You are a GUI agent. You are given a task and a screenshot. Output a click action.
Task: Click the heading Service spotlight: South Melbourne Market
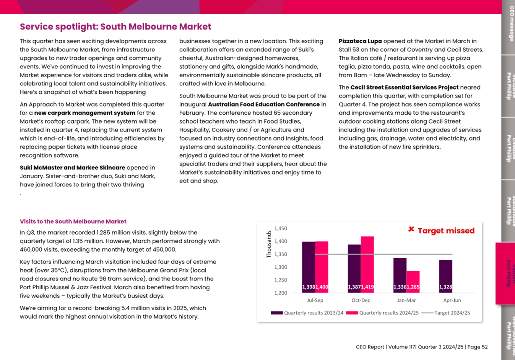coord(115,26)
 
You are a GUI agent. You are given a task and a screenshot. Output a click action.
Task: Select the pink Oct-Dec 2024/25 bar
coord(367,264)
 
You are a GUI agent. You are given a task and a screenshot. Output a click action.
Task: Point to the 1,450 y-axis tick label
coord(281,228)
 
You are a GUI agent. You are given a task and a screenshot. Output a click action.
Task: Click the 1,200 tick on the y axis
coord(281,293)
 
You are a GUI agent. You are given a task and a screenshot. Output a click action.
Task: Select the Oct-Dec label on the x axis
coord(361,300)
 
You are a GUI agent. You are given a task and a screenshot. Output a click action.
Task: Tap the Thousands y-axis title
coord(269,244)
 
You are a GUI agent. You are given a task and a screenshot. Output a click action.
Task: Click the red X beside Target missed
coord(411,230)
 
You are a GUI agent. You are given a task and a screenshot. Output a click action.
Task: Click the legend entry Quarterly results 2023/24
coord(313,313)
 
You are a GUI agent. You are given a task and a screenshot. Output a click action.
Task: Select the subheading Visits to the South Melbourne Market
coord(73,222)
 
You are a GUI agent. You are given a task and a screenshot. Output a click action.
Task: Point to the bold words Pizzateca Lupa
coord(360,41)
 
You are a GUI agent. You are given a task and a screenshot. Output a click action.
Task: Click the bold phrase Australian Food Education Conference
coord(264,104)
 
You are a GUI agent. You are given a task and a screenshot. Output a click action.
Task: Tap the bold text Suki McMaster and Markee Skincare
coord(72,168)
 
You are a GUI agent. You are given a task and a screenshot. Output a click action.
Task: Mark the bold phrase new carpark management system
coord(84,113)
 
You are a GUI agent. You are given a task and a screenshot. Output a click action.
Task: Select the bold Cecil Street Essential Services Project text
coord(404,87)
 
